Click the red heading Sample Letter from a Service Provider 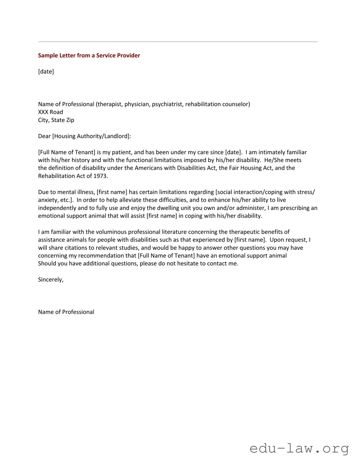[89, 56]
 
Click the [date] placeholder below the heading [46, 72]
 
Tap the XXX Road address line [51, 112]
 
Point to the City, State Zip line [56, 120]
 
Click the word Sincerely [51, 280]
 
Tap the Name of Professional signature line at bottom [66, 312]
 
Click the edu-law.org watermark [299, 448]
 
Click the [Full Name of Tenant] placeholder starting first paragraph [67, 152]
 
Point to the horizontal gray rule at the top [177, 42]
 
